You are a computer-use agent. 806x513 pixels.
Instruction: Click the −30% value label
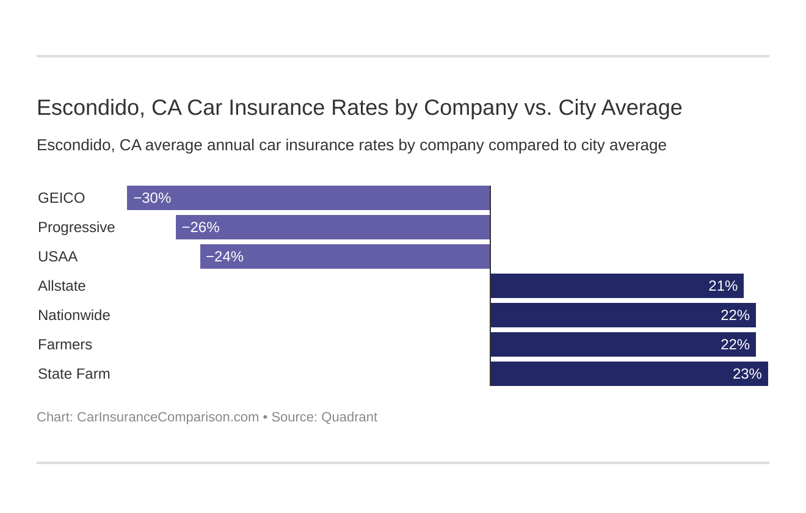pyautogui.click(x=152, y=198)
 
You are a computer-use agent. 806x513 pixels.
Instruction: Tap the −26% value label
pyautogui.click(x=200, y=227)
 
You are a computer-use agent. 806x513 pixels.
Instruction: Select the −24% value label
pyautogui.click(x=225, y=256)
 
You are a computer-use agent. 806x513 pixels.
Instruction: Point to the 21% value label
pyautogui.click(x=723, y=286)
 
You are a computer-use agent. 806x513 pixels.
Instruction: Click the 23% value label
pyautogui.click(x=747, y=374)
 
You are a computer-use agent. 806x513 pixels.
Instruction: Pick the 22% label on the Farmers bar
pyautogui.click(x=735, y=344)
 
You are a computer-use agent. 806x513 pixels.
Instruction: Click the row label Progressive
pyautogui.click(x=76, y=227)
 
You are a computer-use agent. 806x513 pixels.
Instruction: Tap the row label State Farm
pyautogui.click(x=74, y=374)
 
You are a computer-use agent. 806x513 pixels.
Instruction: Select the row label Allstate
pyautogui.click(x=62, y=286)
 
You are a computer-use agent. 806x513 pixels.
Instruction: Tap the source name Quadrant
pyautogui.click(x=349, y=417)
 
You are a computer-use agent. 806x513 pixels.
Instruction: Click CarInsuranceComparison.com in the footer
pyautogui.click(x=168, y=417)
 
